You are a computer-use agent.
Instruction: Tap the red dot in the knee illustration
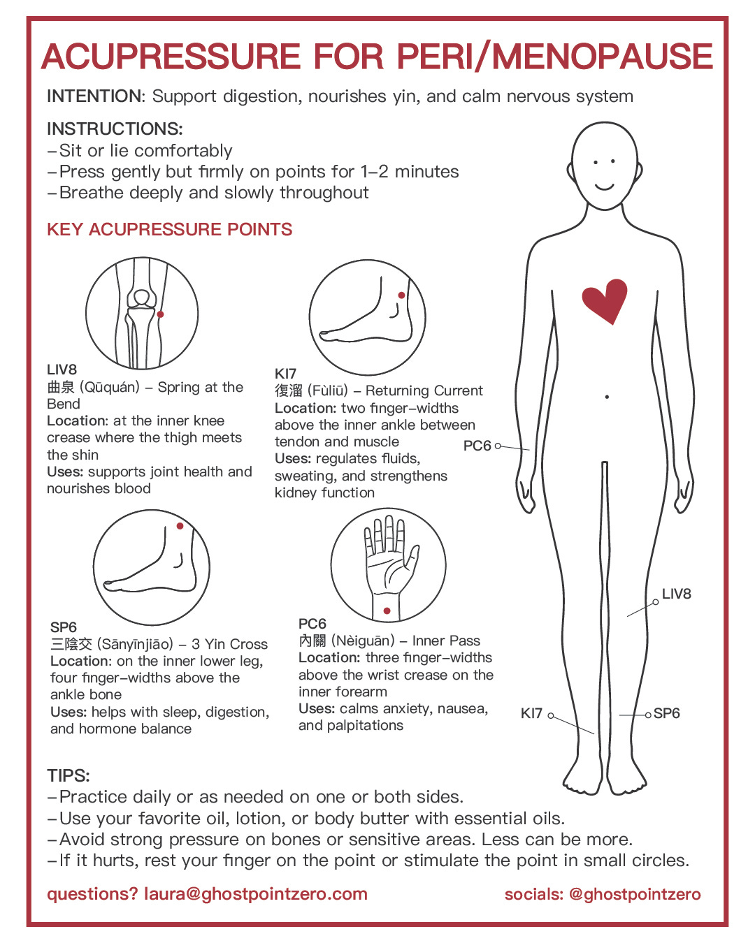(x=160, y=314)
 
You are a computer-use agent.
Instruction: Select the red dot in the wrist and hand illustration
(x=387, y=611)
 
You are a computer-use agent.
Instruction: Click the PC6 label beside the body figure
(x=477, y=446)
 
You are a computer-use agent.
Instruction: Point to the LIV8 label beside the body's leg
(x=677, y=594)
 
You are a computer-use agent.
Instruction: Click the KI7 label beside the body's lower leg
(x=531, y=713)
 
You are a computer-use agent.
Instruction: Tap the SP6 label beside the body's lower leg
(x=667, y=713)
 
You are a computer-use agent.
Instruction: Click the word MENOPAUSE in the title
(x=603, y=57)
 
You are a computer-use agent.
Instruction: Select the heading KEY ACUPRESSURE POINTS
(x=169, y=229)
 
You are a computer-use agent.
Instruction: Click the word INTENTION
(x=94, y=96)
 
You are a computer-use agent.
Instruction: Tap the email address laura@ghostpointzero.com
(x=256, y=894)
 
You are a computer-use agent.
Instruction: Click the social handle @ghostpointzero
(x=635, y=894)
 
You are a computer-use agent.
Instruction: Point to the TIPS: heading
(x=69, y=775)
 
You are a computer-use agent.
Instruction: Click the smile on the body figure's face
(x=605, y=187)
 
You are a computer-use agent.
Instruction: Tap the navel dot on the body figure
(x=607, y=397)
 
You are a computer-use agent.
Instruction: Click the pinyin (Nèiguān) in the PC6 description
(x=363, y=641)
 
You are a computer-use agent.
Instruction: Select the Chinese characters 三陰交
(x=71, y=644)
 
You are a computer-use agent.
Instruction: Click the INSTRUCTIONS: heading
(x=115, y=129)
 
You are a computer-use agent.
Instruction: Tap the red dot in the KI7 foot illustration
(x=401, y=295)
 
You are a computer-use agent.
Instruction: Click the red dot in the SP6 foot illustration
(x=180, y=526)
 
